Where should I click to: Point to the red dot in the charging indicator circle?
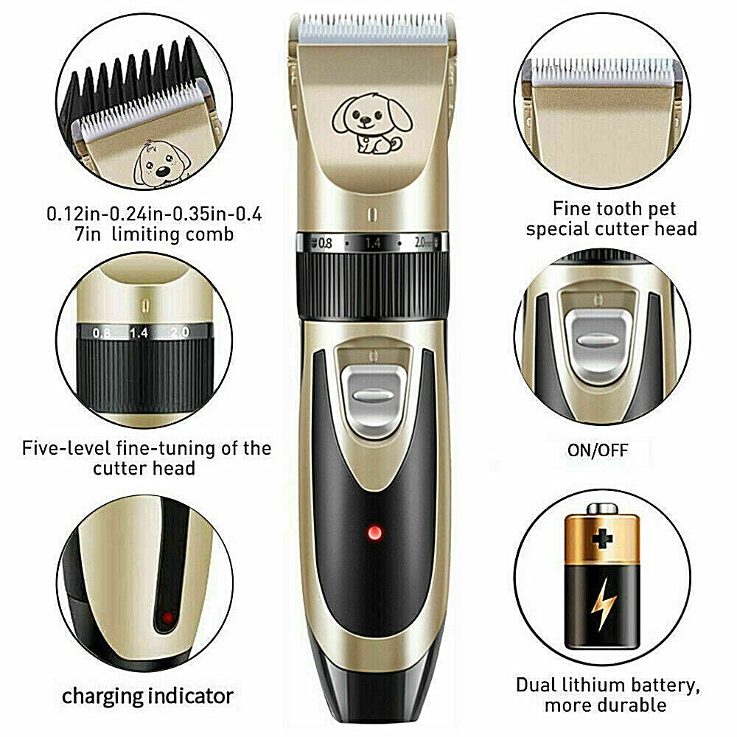pyautogui.click(x=168, y=618)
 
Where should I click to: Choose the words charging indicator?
pyautogui.click(x=147, y=696)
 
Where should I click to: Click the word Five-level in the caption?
pyautogui.click(x=71, y=448)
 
